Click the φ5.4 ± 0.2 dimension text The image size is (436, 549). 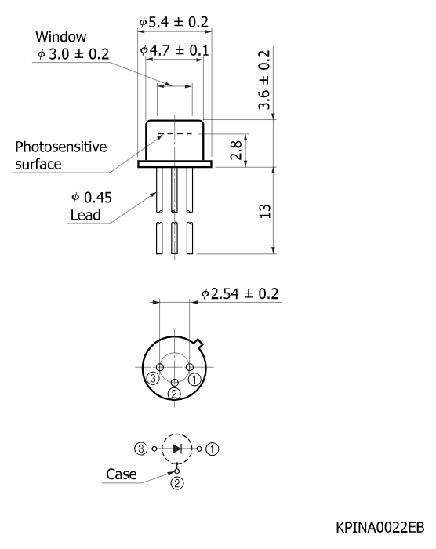coord(174,22)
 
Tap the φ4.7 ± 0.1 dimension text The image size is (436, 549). coord(174,50)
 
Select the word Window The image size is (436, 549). coord(61,36)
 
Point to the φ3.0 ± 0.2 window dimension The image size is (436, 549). coord(73,54)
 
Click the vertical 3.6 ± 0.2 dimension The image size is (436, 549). coord(264,80)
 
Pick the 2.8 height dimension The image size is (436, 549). coord(236,150)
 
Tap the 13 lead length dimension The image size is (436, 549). coord(265,211)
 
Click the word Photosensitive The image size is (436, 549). coord(61,147)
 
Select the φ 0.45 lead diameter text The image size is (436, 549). coord(92,198)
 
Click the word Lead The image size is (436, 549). coord(85,215)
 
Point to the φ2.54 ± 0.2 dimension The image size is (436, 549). coord(240,293)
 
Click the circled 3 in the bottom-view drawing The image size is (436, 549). coord(153,378)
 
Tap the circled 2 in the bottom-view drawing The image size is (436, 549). coord(174,394)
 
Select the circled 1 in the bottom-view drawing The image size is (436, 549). coord(194,379)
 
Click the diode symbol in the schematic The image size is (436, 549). coord(177,449)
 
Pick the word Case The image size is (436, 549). coord(122,474)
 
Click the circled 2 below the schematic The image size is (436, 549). coord(177,483)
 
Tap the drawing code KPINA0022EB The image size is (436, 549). coord(380,527)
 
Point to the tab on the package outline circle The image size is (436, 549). coord(199,344)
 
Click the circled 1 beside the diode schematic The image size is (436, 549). coord(212,449)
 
